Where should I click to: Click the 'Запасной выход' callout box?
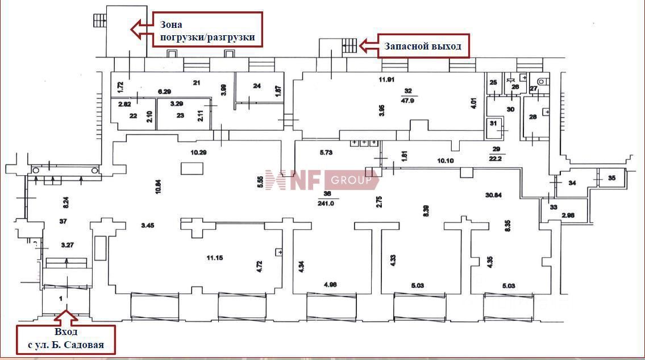(x=424, y=45)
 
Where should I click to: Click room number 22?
(x=134, y=115)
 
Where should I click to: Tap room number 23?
(x=181, y=115)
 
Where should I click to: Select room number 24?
(x=257, y=86)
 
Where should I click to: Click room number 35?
(x=611, y=178)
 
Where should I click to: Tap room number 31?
(x=493, y=123)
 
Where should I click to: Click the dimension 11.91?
(x=386, y=79)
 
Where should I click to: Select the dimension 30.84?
(x=493, y=195)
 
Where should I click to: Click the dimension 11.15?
(x=214, y=258)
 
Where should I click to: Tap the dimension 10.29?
(x=198, y=152)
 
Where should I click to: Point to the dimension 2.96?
(x=568, y=216)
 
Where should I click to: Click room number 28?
(x=532, y=117)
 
